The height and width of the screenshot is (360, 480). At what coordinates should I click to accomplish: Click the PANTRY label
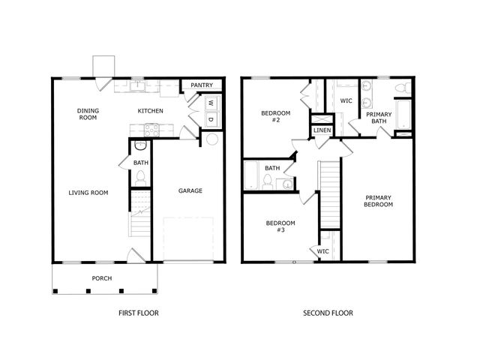tap(202, 85)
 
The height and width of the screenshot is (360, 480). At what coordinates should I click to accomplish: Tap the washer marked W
tap(211, 103)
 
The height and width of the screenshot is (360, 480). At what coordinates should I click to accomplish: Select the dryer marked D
tap(211, 119)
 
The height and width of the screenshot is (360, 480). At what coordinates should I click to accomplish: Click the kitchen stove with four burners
tap(151, 130)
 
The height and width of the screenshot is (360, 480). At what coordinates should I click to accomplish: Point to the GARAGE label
tap(190, 190)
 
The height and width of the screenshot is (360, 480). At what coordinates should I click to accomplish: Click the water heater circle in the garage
tap(212, 139)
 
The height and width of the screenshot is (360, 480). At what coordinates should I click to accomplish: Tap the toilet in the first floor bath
tap(140, 178)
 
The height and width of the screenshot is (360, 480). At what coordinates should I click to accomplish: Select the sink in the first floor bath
tap(140, 145)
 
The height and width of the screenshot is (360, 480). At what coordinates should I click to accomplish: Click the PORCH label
tap(102, 278)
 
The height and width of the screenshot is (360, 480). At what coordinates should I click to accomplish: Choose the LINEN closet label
tap(322, 130)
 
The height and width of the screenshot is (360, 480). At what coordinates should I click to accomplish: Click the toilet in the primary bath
tap(403, 88)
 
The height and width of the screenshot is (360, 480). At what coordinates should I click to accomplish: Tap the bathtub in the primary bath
tap(403, 115)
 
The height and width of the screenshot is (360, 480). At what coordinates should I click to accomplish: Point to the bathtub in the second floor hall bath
tap(252, 175)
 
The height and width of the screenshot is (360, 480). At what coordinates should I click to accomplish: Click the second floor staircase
tap(330, 194)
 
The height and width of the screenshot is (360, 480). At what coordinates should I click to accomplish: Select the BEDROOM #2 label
tap(275, 116)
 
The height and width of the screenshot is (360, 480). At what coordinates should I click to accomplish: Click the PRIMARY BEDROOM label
tap(378, 201)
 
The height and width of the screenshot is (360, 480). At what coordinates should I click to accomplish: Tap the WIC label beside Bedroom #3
tap(322, 251)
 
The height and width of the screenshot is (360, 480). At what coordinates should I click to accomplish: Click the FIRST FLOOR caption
tap(139, 313)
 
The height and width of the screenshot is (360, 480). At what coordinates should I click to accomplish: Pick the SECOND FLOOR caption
tap(328, 313)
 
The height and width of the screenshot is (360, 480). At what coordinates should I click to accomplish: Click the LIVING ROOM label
tap(88, 193)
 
